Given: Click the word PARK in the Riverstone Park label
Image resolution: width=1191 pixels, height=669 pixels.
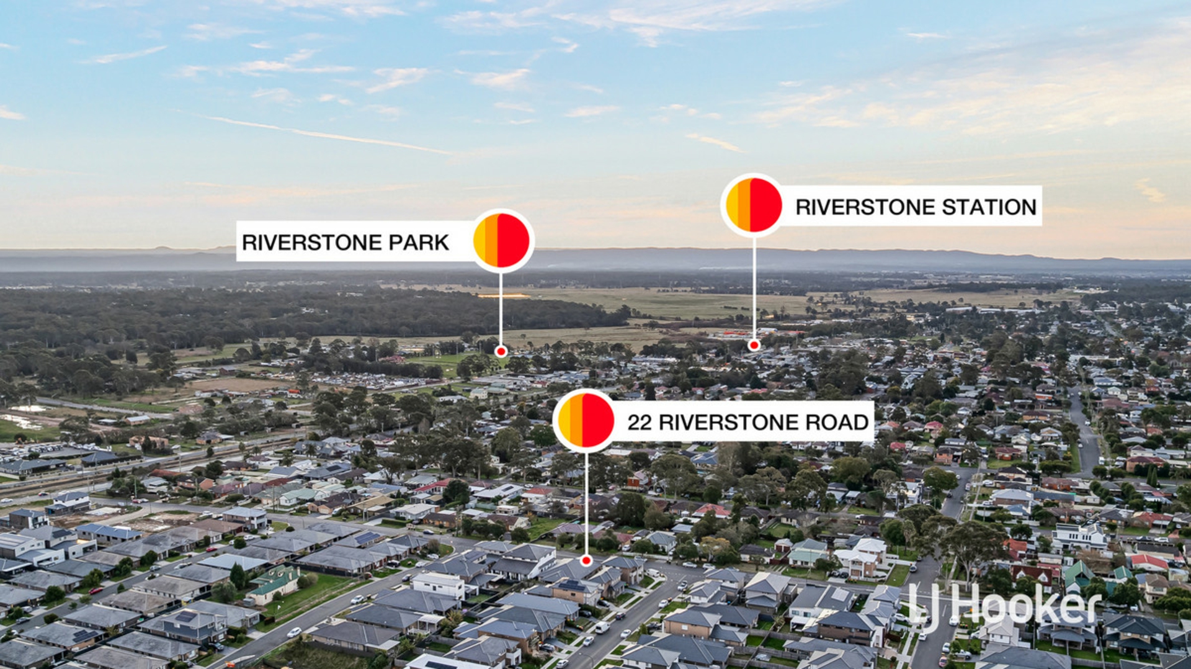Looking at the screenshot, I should click(419, 242).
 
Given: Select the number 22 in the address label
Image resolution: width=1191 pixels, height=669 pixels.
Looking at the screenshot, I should click(640, 423).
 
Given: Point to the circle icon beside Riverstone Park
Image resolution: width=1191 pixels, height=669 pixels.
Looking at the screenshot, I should click(501, 240).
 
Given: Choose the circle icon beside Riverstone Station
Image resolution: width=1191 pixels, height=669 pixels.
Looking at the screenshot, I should click(754, 205).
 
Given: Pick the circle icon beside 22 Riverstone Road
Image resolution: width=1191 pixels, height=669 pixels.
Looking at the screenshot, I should click(586, 420).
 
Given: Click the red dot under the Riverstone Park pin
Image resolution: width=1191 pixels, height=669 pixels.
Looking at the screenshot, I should click(501, 352).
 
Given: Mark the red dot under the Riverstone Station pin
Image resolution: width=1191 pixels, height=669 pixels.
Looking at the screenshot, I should click(754, 345).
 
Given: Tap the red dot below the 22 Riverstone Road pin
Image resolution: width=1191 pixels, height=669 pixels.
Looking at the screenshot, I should click(586, 560).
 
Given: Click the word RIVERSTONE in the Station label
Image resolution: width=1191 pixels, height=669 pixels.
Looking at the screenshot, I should click(865, 207).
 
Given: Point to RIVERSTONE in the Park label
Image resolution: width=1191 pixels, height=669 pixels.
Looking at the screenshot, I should click(312, 242).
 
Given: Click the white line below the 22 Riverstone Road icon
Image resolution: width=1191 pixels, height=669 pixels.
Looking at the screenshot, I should click(586, 503).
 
